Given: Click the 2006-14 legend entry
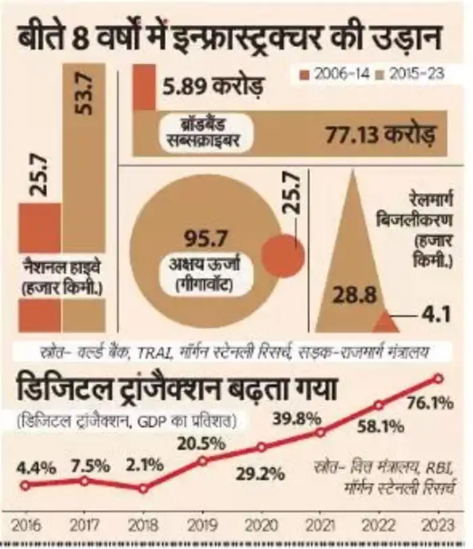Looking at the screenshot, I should click(332, 74).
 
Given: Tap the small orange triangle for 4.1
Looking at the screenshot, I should click(386, 322).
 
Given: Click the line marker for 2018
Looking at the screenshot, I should click(143, 488).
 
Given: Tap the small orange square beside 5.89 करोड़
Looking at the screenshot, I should click(143, 87).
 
